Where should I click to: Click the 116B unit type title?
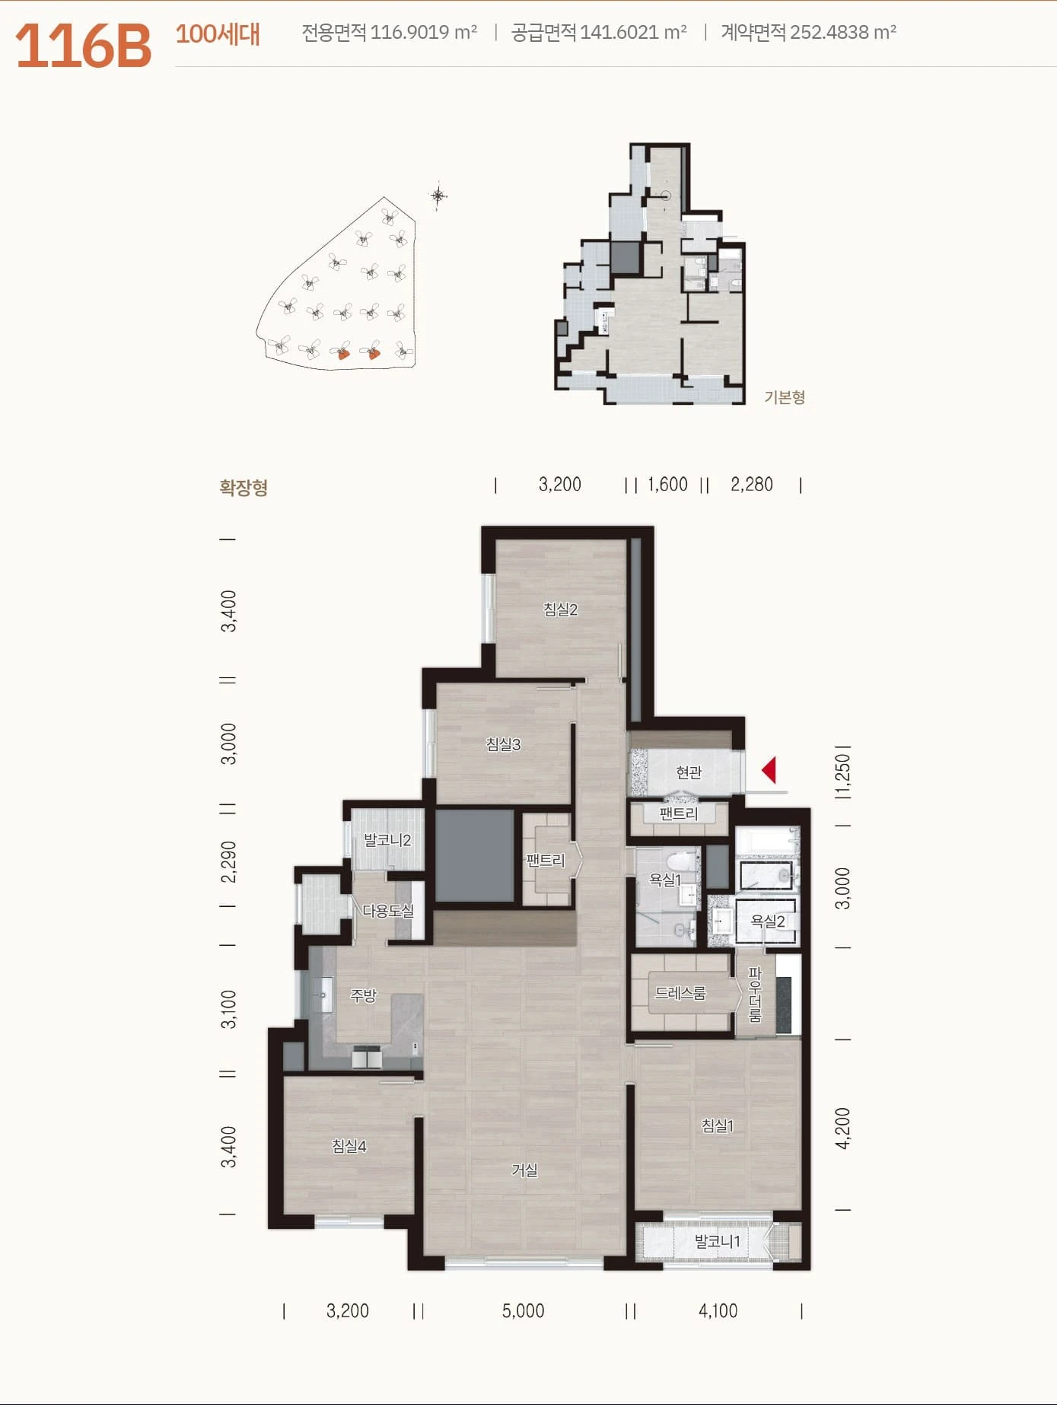coord(83,46)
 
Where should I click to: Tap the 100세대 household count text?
coord(218,34)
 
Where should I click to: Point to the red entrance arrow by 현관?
coord(769,770)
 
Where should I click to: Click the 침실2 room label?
coord(560,609)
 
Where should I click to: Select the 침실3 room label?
coord(503,744)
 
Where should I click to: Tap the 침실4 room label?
coord(349,1145)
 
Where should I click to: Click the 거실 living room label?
coord(524,1170)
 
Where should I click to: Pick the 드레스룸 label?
coord(680,993)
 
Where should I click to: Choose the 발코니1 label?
coord(717,1241)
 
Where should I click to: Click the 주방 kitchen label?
coord(363,995)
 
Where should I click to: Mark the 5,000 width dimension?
coord(523,1310)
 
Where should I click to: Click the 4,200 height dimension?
coord(842,1128)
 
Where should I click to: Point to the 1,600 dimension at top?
coord(667,484)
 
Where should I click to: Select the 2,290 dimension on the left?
coord(228,861)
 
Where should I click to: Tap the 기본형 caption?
coord(785,397)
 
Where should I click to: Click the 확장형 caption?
coord(244,487)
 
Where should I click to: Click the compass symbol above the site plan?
coord(438,196)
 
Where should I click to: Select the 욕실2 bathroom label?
coord(767,921)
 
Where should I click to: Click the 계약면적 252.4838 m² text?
coord(808,32)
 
